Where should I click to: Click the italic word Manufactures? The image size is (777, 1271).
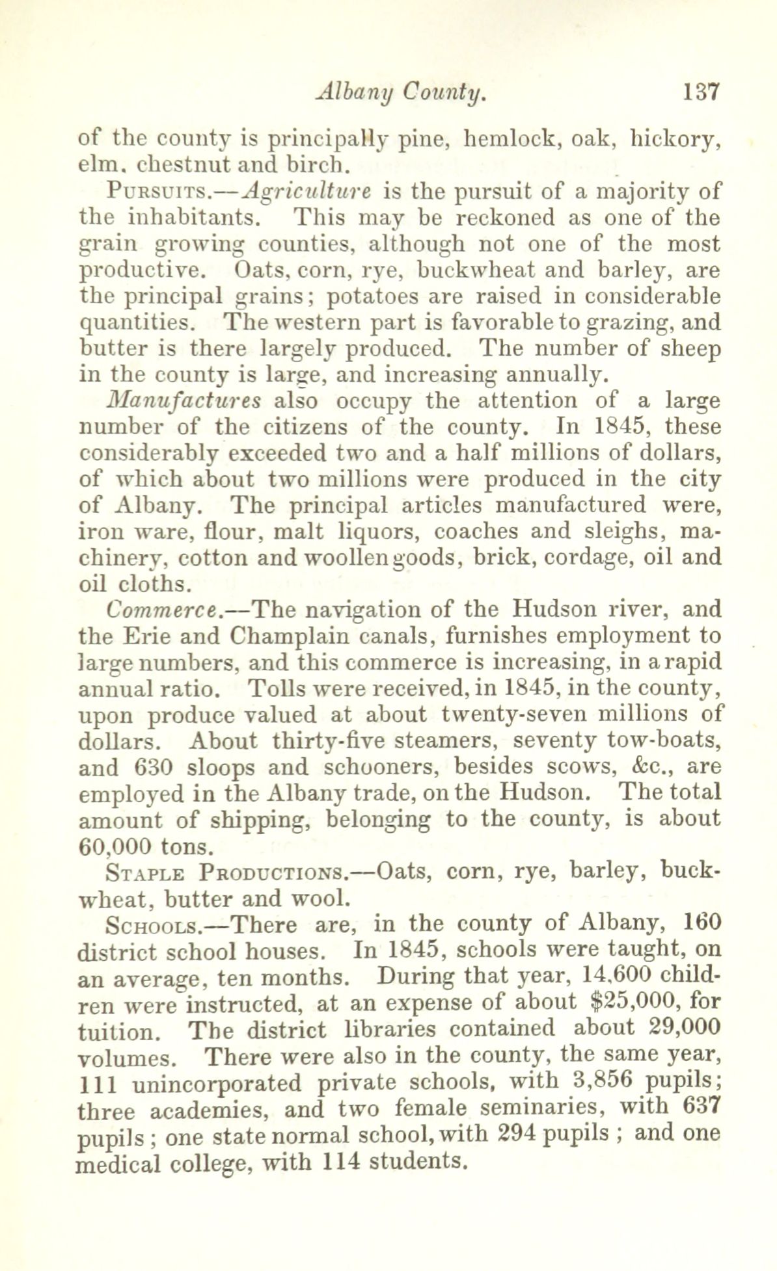[184, 401]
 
